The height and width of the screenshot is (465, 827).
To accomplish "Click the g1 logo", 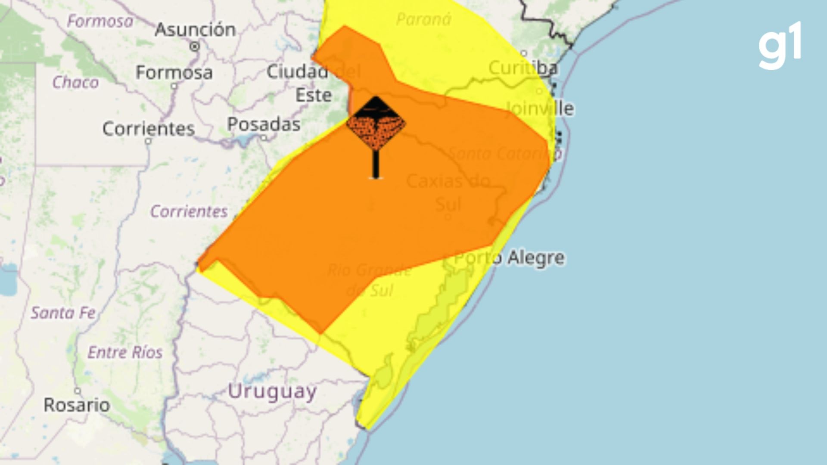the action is [x=780, y=45].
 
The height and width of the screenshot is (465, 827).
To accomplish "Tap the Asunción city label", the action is [x=195, y=30].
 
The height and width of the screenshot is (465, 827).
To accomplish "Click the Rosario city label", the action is [x=77, y=405].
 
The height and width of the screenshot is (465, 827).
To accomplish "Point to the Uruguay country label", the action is [x=272, y=392].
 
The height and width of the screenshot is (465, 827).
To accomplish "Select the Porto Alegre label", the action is [x=509, y=258].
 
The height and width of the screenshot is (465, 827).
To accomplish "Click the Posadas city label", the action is [x=264, y=124].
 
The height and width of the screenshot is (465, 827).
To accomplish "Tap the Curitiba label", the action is [x=523, y=68].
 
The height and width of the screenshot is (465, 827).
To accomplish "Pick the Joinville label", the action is [x=539, y=108].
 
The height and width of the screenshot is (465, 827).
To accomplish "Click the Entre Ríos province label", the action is [x=125, y=352].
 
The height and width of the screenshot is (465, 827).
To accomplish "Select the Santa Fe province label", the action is [x=63, y=313].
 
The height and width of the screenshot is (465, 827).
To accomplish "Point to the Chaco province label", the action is [x=75, y=82].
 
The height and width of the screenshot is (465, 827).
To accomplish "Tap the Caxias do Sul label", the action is [x=448, y=192].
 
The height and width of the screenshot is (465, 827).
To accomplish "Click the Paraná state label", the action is [x=423, y=19].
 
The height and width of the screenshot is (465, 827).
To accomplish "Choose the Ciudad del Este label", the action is [x=313, y=83].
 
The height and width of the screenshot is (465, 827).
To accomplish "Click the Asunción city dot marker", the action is [x=195, y=46].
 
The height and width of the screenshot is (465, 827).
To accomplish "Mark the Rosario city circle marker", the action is [x=77, y=391].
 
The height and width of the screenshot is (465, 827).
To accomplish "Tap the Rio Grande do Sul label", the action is [x=369, y=280].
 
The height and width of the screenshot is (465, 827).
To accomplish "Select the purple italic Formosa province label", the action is [x=100, y=21].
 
